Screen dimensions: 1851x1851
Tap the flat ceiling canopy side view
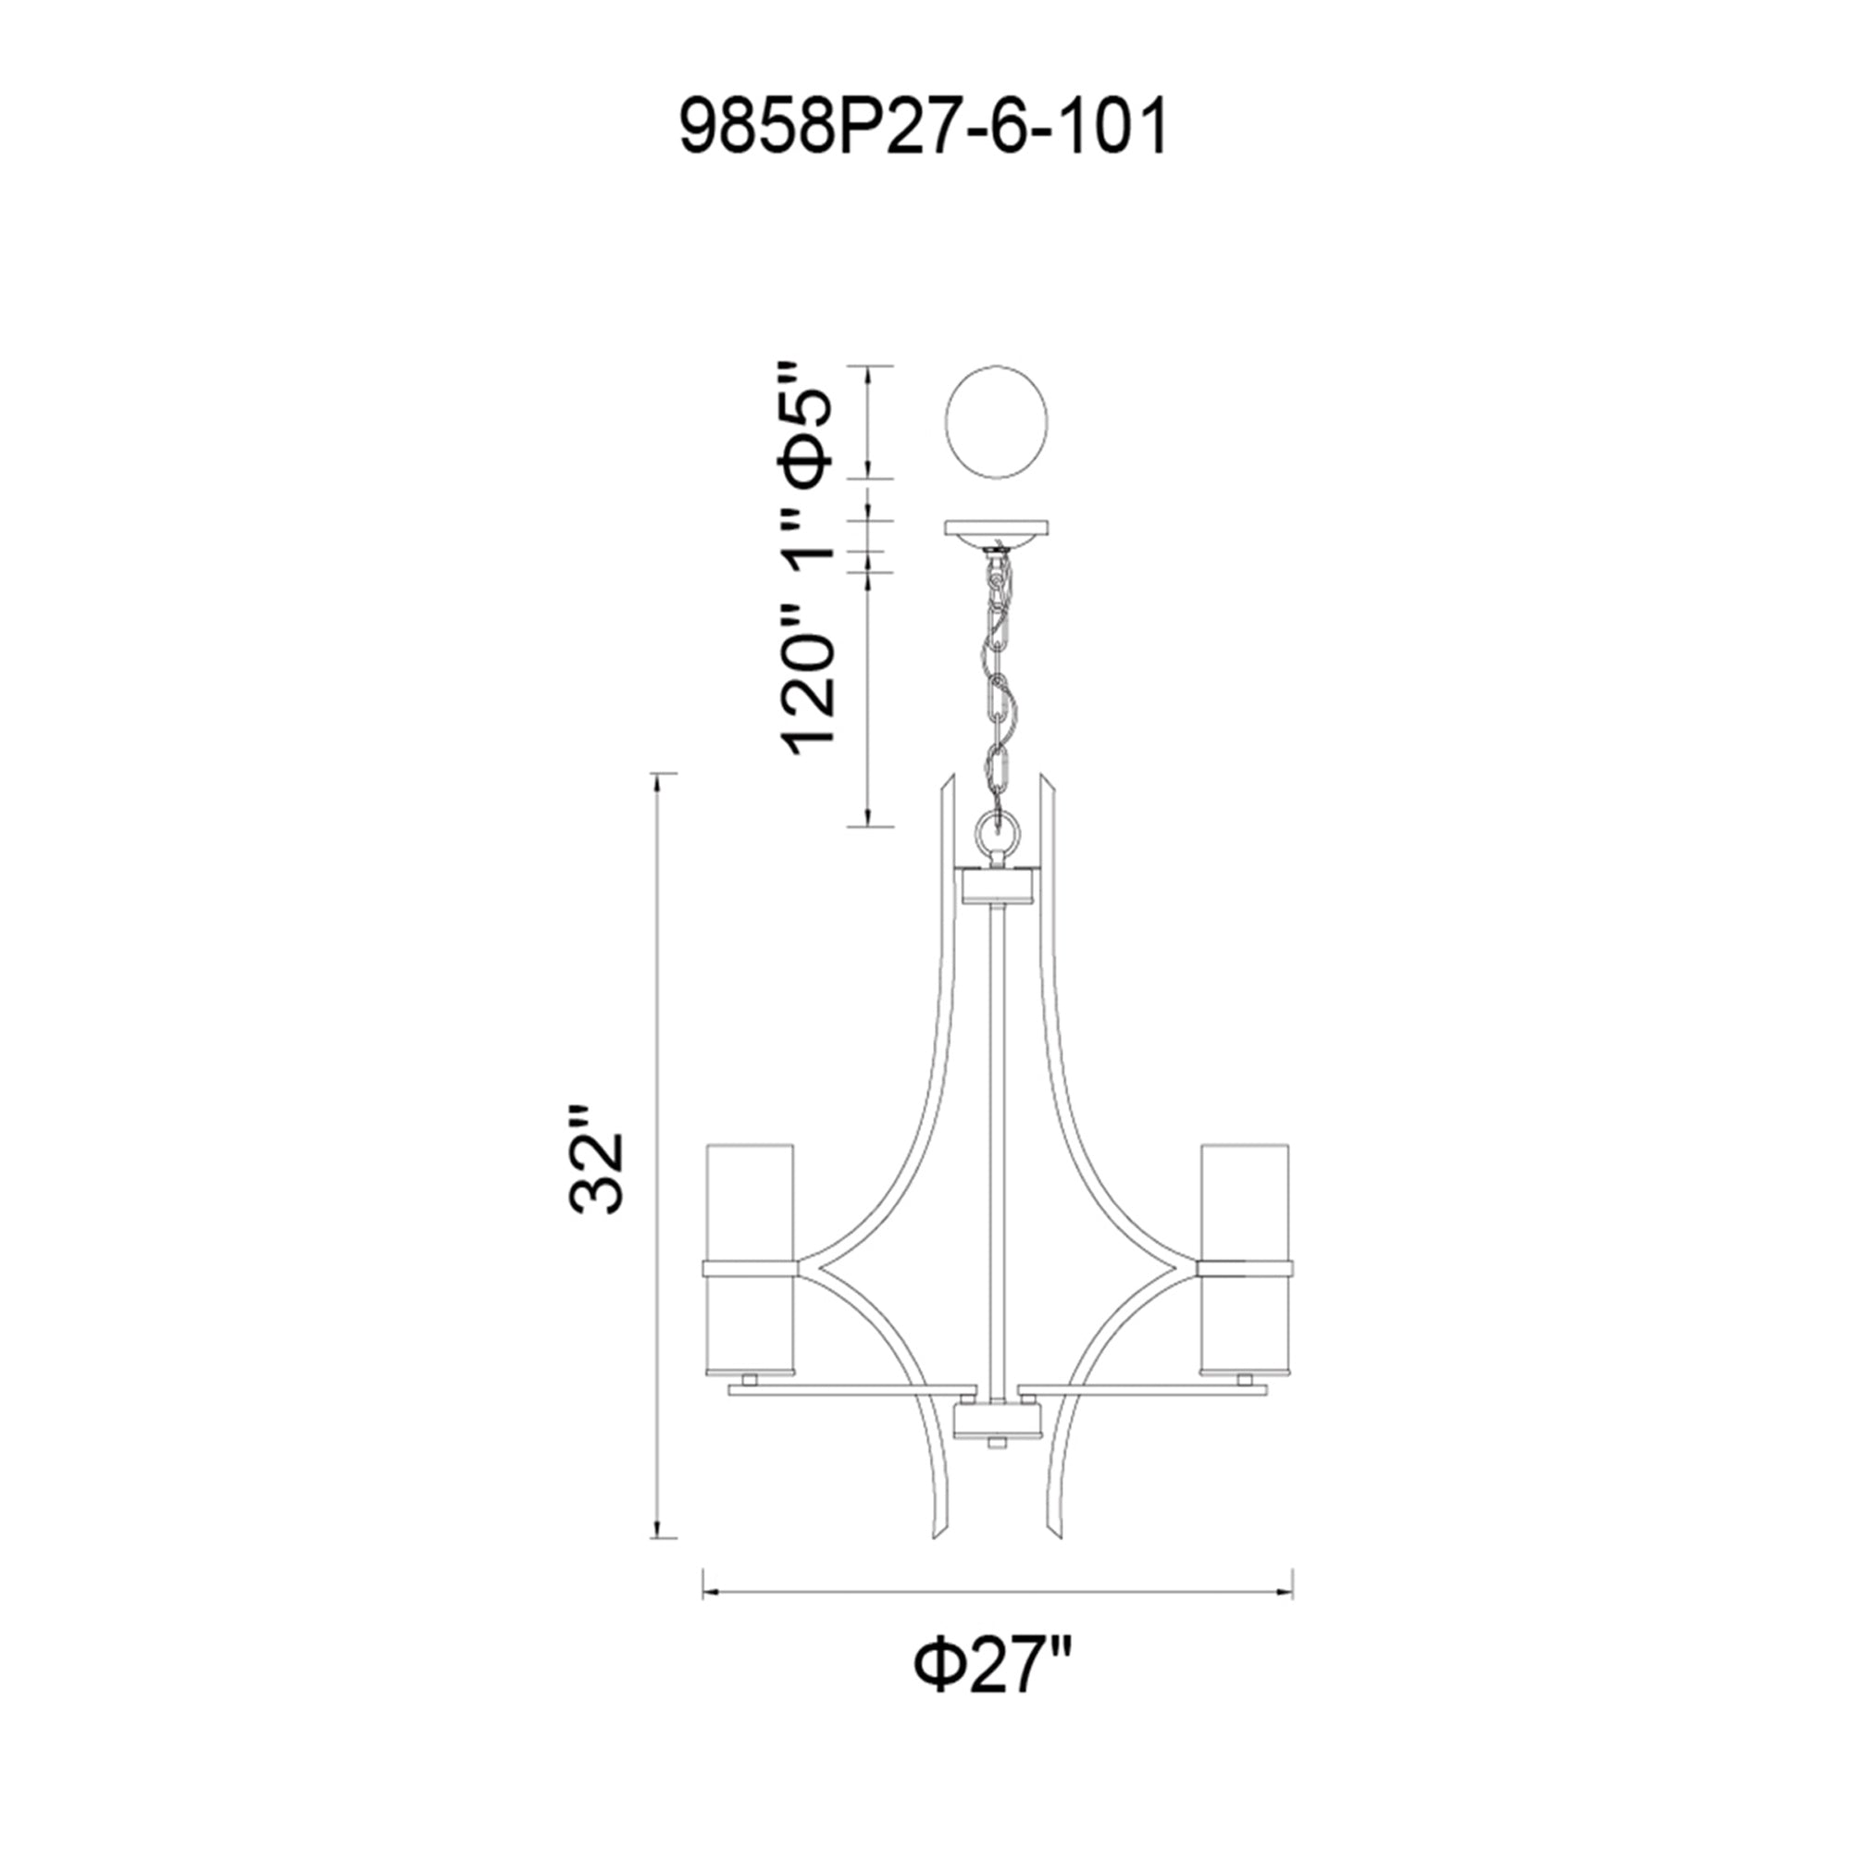(x=997, y=528)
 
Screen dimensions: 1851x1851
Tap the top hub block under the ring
(x=997, y=886)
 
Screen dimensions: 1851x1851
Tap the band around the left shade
(x=751, y=1270)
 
